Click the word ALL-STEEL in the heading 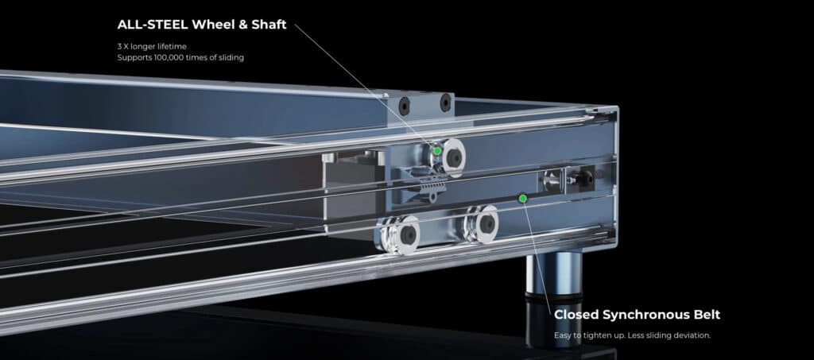(153, 25)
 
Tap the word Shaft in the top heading (269, 25)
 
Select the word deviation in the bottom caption (692, 335)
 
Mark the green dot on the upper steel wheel (437, 151)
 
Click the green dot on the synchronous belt (523, 198)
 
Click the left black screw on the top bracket (404, 106)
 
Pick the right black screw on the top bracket (445, 103)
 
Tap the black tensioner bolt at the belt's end (585, 178)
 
